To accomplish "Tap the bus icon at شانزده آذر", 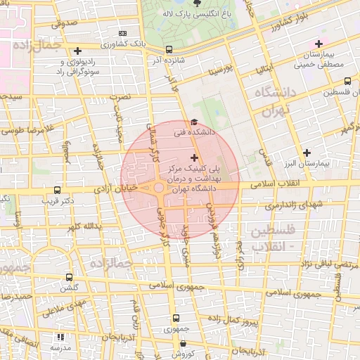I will click(x=169, y=50).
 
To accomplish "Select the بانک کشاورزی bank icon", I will click(x=124, y=33).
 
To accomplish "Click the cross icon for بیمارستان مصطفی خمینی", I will click(x=319, y=44).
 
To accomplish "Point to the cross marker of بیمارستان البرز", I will click(x=307, y=153).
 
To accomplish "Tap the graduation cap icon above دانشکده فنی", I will click(x=194, y=122).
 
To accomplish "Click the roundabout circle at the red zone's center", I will click(x=159, y=188).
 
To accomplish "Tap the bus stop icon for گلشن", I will click(x=68, y=278).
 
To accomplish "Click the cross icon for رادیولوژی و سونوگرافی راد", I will click(x=77, y=51).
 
